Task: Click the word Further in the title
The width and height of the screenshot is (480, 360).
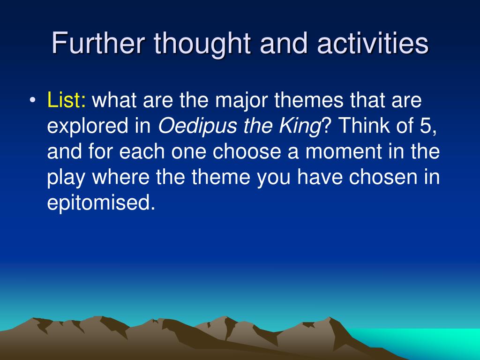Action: (x=98, y=43)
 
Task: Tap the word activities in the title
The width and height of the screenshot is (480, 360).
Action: (x=373, y=43)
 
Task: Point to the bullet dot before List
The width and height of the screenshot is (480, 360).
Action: (x=33, y=100)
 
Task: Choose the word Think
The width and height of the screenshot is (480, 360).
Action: (x=364, y=125)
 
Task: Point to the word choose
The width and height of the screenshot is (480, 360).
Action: (x=247, y=151)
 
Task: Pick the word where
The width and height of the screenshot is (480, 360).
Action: (x=120, y=177)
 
